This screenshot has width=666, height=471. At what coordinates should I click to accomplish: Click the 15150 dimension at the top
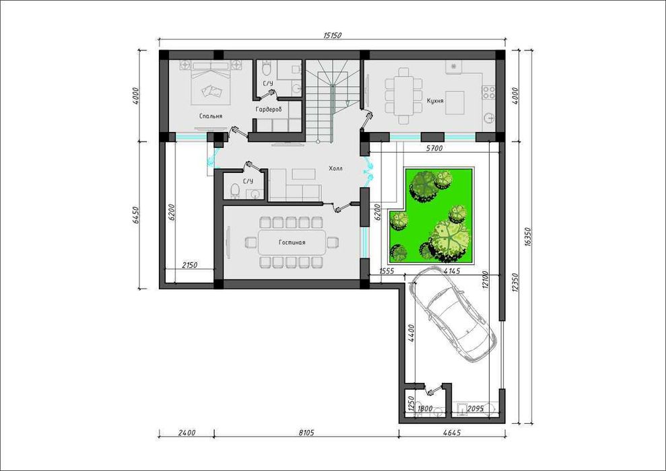point(332,36)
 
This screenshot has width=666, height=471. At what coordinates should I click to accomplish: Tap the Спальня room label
point(211,116)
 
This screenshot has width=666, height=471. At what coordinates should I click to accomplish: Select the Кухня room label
point(436,101)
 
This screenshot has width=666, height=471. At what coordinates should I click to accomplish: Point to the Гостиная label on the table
point(292,243)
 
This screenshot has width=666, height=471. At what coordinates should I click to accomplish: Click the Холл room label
point(335,168)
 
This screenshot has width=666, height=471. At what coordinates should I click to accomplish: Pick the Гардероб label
point(269,110)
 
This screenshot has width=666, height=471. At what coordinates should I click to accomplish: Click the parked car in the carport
point(453,314)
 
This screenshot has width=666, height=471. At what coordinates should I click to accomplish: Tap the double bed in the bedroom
point(210,82)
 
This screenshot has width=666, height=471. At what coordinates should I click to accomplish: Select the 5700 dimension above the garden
point(434,148)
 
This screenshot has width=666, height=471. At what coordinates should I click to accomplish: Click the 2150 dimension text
point(189,265)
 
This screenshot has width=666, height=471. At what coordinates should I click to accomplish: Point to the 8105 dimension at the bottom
point(306,433)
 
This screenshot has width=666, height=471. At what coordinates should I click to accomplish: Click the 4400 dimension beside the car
point(411,334)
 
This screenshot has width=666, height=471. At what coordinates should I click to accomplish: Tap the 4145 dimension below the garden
point(451,270)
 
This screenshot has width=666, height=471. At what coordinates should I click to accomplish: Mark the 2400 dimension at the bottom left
point(187,433)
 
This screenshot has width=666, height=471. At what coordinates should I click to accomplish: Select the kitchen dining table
point(403,96)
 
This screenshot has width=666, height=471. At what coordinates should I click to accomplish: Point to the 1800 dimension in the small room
point(425,408)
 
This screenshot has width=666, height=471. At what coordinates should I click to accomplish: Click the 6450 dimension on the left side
point(135,215)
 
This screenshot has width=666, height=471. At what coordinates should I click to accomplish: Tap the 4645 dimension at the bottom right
point(451,433)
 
